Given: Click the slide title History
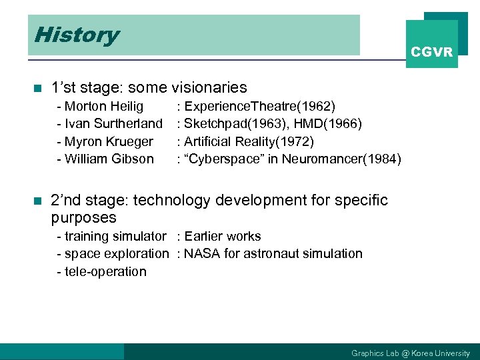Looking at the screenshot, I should click(x=77, y=35).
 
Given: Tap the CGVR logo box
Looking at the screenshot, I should click(x=432, y=45).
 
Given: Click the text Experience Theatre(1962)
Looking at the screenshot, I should click(x=259, y=107).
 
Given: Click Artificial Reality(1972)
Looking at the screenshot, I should click(x=249, y=141).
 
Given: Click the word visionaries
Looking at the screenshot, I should click(x=209, y=87).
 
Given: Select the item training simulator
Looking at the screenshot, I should click(x=115, y=236).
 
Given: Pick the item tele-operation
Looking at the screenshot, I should click(x=105, y=271).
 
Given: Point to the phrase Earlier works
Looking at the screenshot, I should click(x=223, y=236).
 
